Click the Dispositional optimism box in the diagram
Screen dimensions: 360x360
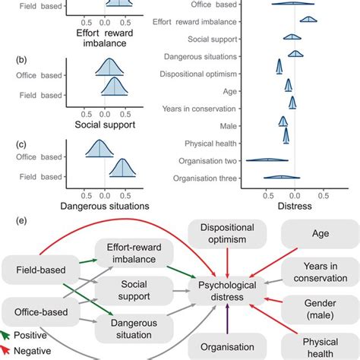[227, 234]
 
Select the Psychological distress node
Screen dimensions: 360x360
[227, 291]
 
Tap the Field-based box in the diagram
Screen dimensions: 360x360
[41, 270]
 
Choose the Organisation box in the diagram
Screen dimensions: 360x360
[227, 346]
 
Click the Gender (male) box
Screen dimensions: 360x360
[321, 309]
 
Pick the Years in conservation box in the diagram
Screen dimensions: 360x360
[321, 272]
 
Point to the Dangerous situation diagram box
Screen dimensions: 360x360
[134, 329]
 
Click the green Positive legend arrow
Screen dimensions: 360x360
[5, 335]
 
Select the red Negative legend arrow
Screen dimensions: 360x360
[5, 350]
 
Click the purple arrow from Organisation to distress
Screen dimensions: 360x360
[227, 319]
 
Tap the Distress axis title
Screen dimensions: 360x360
[295, 206]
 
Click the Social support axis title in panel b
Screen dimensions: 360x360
[105, 125]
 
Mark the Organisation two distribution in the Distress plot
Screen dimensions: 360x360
[267, 159]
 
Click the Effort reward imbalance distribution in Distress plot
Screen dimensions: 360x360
[308, 19]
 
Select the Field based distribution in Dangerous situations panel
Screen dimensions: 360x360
[122, 168]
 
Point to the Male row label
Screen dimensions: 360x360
[228, 126]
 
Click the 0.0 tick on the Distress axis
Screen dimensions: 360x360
[295, 195]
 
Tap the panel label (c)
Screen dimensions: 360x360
[21, 144]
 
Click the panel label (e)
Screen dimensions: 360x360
[21, 220]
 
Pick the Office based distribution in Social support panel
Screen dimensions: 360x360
[109, 67]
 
